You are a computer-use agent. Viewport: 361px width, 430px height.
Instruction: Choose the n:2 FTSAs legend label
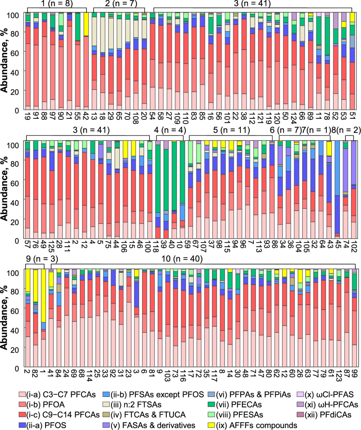(138, 405)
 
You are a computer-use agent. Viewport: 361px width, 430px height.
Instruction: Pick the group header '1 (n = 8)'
(57, 4)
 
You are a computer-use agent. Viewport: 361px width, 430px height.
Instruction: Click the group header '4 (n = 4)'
(171, 130)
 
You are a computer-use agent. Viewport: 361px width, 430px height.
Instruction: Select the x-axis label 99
(354, 375)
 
